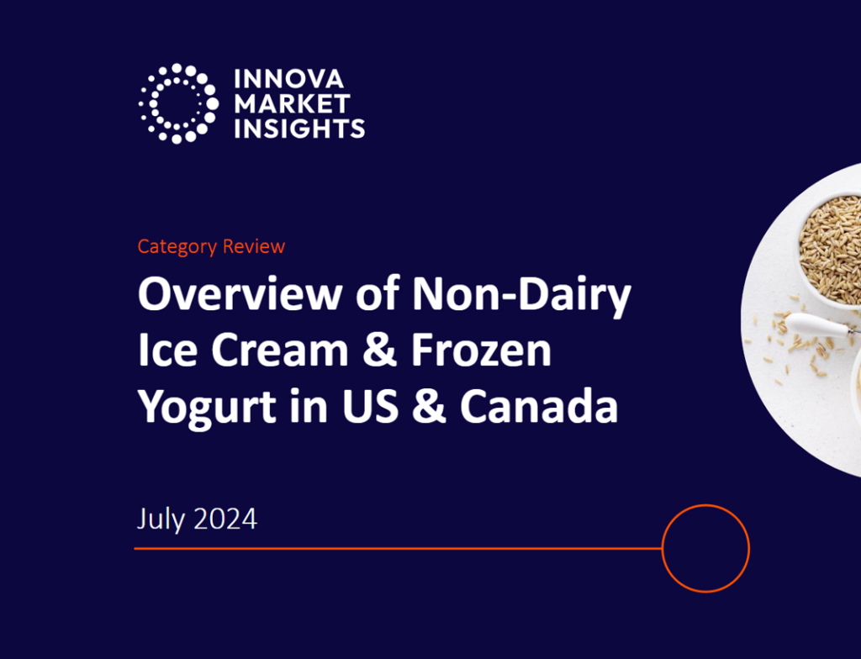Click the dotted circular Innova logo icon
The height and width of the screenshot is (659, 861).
point(177,103)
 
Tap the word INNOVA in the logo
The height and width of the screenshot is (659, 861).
point(288,80)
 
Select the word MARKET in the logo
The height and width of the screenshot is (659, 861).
point(292,104)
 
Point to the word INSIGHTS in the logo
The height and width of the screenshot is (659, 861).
point(298,129)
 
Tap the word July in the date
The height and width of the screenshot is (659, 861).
point(160,519)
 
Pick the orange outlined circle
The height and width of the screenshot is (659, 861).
point(705,548)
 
